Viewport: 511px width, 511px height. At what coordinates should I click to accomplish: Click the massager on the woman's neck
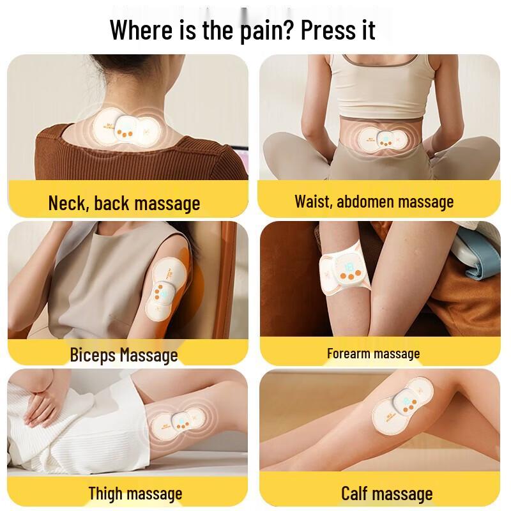point(126,128)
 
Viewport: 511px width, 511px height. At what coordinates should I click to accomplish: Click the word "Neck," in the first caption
point(69,202)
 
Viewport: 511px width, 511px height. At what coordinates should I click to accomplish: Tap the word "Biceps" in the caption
point(93,355)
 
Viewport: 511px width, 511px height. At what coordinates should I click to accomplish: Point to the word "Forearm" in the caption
point(348,354)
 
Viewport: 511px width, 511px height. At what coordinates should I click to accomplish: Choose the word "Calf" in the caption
point(355,493)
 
